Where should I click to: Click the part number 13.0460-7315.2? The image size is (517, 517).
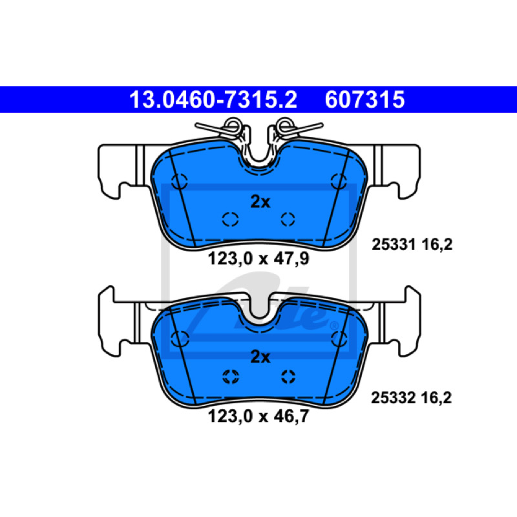(x=213, y=100)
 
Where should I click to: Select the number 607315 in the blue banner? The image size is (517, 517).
(x=364, y=100)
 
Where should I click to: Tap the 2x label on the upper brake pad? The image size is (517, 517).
(x=260, y=202)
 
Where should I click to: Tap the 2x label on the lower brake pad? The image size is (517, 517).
(x=260, y=357)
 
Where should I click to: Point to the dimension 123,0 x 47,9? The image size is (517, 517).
(x=258, y=258)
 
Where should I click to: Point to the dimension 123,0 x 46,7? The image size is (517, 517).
(x=258, y=416)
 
